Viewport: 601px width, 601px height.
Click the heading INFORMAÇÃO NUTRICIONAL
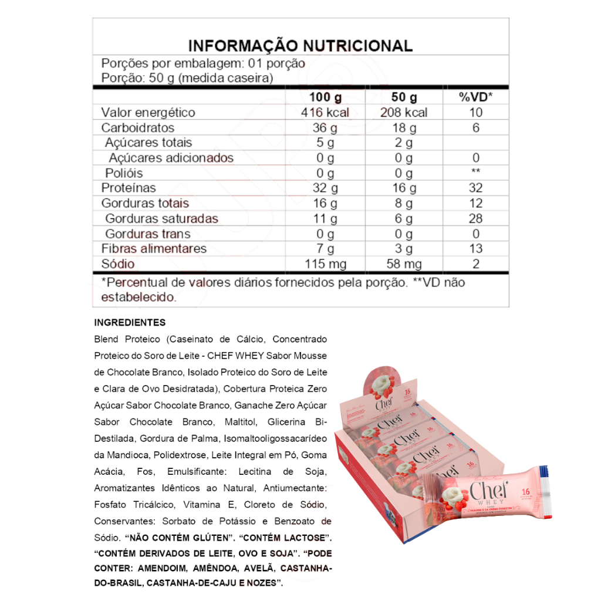[x=300, y=46]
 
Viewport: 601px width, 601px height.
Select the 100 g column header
[x=325, y=97]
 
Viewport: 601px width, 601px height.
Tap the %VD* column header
[x=475, y=97]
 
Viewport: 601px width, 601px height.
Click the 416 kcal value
[x=325, y=113]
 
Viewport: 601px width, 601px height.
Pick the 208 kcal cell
[x=404, y=113]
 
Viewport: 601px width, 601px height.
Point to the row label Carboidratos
[x=138, y=128]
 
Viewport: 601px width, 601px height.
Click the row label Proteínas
[x=129, y=188]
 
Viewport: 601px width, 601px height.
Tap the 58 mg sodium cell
[x=404, y=264]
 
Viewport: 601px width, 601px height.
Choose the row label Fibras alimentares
[x=154, y=249]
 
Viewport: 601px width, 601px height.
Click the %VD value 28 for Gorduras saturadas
[x=475, y=219]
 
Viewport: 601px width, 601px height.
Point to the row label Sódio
[x=118, y=264]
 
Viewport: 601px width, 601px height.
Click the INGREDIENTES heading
[x=130, y=323]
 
